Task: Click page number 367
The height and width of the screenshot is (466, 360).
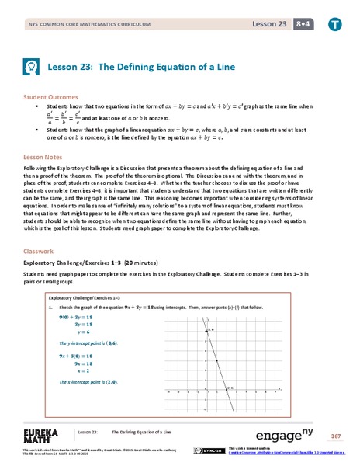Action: coord(335,435)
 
